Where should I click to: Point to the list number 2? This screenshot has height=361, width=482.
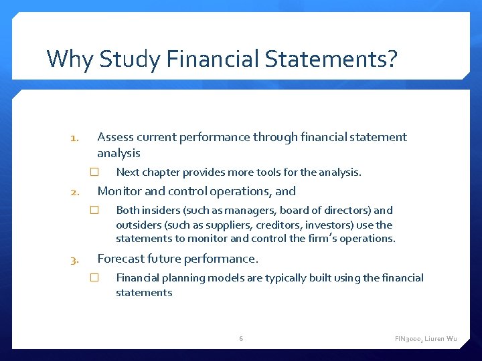click(75, 193)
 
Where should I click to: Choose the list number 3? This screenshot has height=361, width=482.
click(75, 261)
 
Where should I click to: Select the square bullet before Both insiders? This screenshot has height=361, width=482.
click(94, 210)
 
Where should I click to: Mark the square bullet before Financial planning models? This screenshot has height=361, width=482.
click(94, 277)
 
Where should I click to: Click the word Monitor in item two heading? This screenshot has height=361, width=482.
click(120, 191)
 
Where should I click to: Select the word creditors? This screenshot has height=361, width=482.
click(276, 225)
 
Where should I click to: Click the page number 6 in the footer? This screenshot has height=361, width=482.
click(241, 339)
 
